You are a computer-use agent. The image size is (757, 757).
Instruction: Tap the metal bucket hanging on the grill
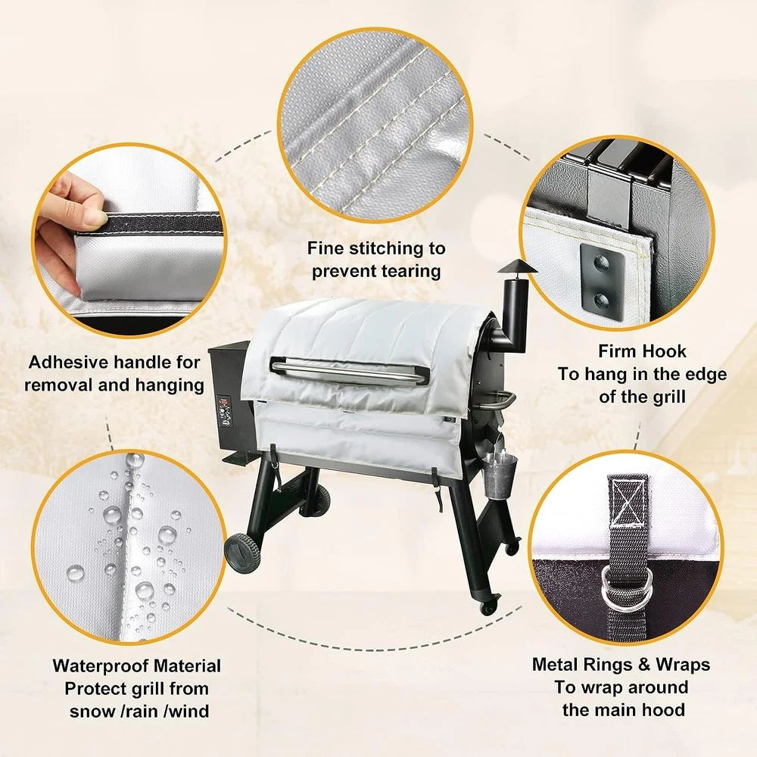tap(499, 477)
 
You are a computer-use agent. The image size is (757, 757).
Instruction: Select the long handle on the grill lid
tap(349, 371)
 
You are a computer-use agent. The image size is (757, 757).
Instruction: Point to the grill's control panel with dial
tap(225, 412)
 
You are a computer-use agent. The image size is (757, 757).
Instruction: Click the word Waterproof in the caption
tap(103, 666)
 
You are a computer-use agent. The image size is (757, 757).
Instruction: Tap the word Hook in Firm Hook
tap(664, 351)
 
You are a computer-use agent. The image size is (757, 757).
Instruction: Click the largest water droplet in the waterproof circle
tap(167, 534)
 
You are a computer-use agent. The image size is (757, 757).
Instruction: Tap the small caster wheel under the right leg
tap(488, 608)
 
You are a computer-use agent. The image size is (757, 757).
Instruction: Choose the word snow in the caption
tap(91, 712)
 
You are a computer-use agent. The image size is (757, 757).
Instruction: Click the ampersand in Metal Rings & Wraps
tap(644, 665)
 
